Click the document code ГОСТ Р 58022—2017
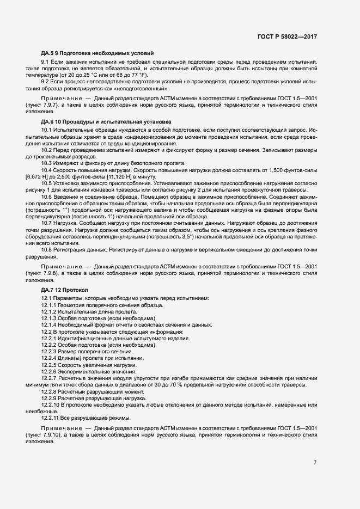(287, 36)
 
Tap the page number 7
(315, 463)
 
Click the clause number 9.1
(46, 63)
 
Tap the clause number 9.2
(46, 82)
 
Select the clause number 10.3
(47, 164)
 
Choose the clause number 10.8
(47, 249)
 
